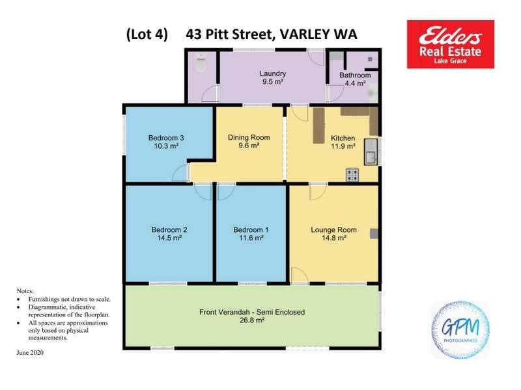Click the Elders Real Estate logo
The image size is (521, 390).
(450, 44)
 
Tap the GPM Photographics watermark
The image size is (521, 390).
(460, 330)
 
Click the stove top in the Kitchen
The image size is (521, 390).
(352, 175)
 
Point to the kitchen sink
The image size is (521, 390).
(371, 152)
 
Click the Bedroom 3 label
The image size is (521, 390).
(166, 138)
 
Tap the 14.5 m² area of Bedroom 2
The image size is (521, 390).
(169, 238)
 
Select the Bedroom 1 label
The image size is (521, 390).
(251, 230)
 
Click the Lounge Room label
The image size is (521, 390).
(333, 230)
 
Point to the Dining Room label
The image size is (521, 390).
(249, 137)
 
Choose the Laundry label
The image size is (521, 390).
(273, 73)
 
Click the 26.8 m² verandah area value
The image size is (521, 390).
(252, 320)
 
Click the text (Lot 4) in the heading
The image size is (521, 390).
(147, 34)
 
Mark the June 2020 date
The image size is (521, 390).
(30, 352)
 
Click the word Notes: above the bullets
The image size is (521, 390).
(25, 291)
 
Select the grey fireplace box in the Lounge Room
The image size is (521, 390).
(374, 234)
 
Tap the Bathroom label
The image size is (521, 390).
(355, 75)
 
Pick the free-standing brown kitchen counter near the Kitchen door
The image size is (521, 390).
(318, 125)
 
